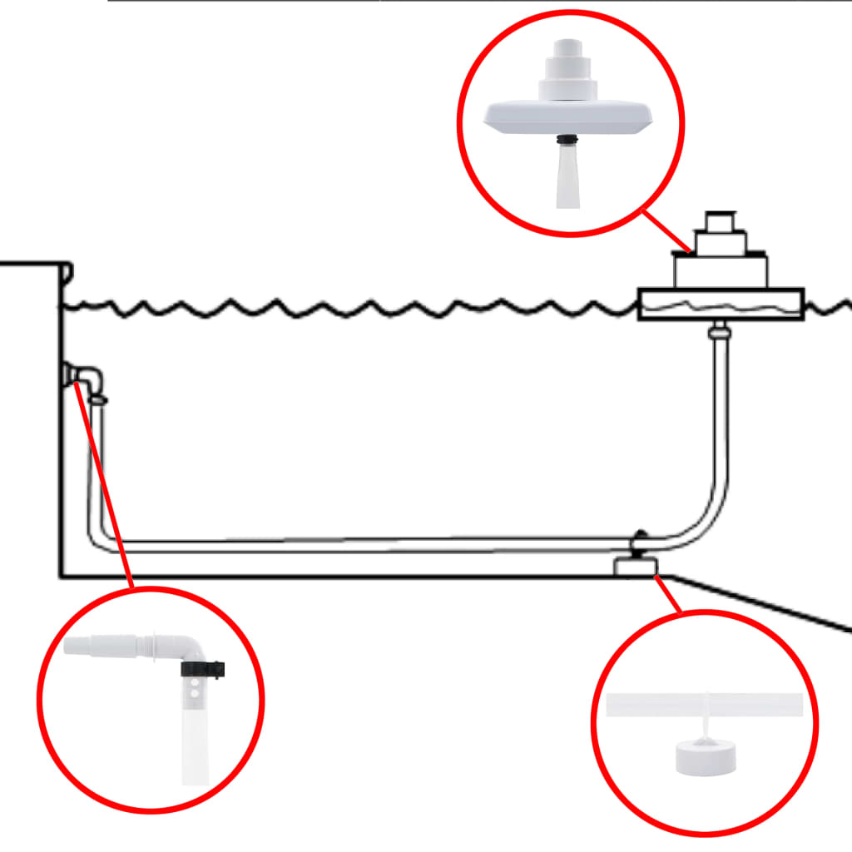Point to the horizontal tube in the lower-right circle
pos(705,706)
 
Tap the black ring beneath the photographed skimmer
pos(568,139)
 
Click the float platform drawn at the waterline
pos(720,305)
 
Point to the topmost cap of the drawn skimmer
pos(719,221)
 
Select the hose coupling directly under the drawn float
pos(719,333)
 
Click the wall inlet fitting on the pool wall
pos(83,377)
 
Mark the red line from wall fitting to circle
pos(108,491)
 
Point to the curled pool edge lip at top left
pos(67,271)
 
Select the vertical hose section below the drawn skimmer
pos(720,416)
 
